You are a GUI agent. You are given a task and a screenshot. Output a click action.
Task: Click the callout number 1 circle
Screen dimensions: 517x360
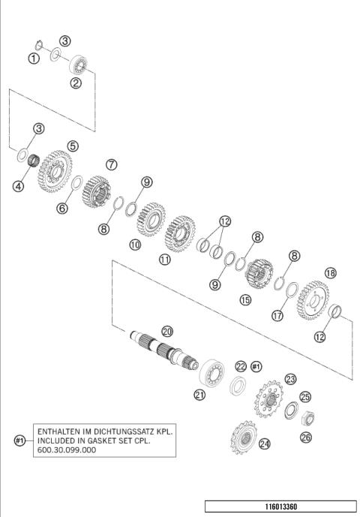[34, 59]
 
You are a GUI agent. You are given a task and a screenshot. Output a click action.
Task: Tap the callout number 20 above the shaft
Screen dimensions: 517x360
[167, 330]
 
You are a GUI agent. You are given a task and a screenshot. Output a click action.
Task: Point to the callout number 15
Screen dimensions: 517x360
[244, 300]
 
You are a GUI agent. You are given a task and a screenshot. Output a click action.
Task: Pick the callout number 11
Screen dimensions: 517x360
[164, 259]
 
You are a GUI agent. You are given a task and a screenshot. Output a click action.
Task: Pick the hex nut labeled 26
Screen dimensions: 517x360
[310, 419]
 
